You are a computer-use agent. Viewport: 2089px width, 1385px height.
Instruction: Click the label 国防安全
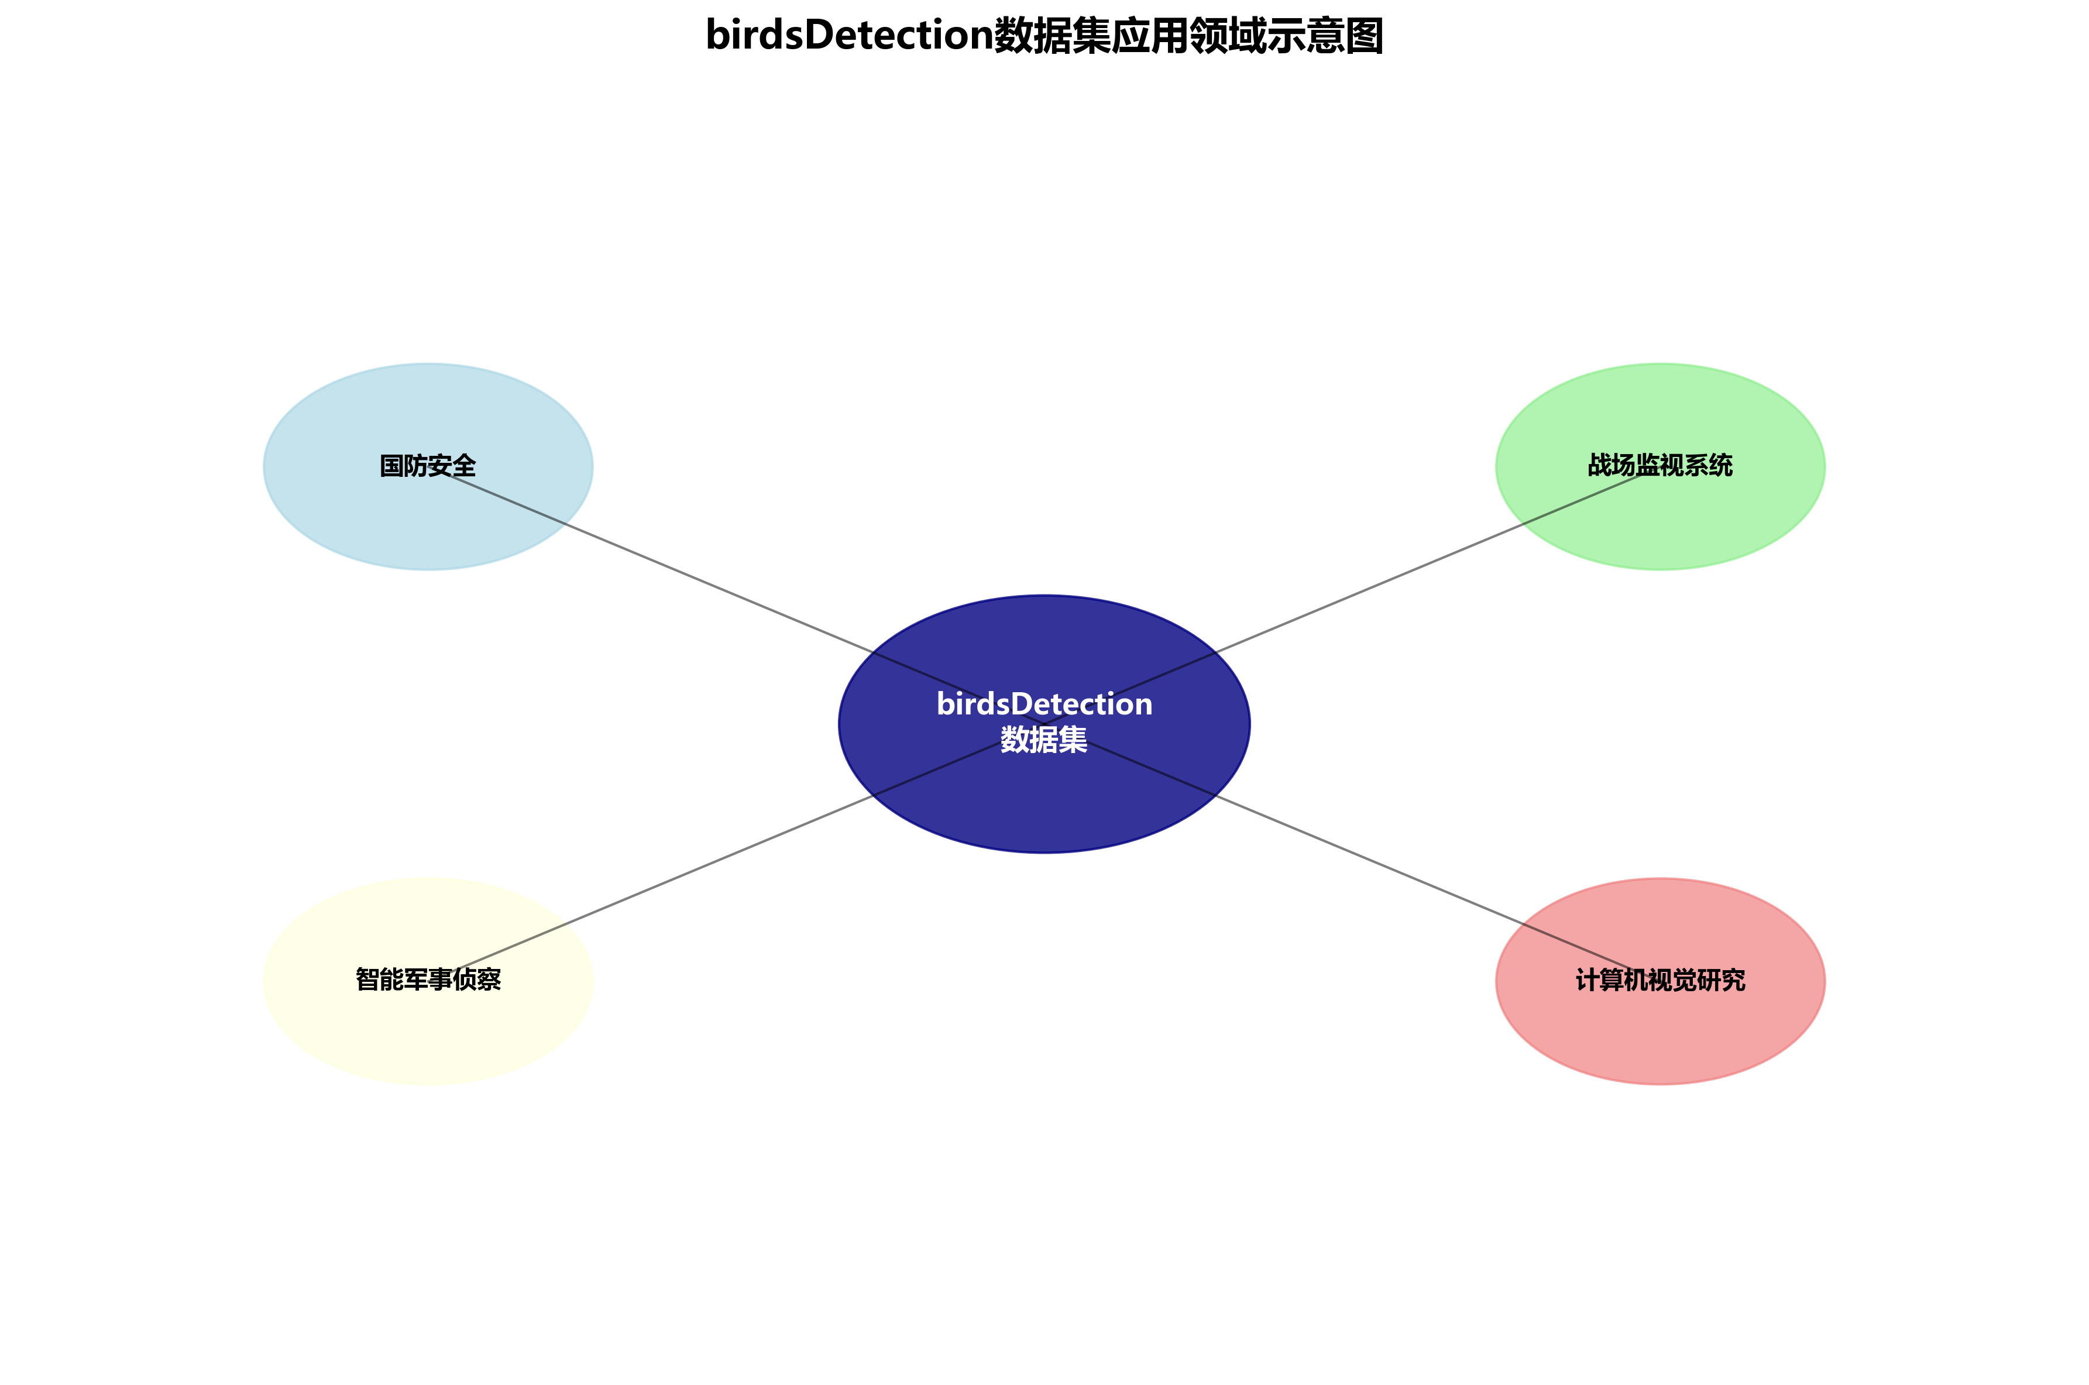[428, 466]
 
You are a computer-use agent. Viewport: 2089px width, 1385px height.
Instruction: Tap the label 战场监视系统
[1659, 466]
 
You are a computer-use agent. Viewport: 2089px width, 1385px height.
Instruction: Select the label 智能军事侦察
[428, 980]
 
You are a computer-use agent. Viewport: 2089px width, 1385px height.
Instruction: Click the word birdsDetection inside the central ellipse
[1044, 704]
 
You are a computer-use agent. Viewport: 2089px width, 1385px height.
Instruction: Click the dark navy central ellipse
[1044, 813]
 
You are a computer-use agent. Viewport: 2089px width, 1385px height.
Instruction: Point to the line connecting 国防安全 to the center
[707, 583]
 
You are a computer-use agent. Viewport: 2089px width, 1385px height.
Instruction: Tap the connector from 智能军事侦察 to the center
[707, 865]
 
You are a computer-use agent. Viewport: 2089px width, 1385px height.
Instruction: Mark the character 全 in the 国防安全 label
[463, 466]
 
